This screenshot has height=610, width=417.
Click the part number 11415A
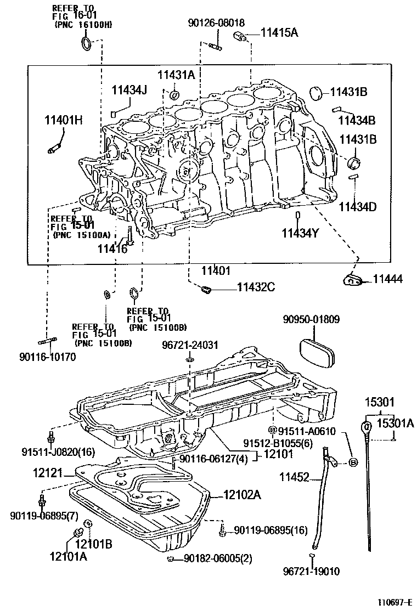[x=279, y=33]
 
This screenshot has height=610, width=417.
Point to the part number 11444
[x=387, y=279]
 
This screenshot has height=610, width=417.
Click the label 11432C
[x=256, y=286]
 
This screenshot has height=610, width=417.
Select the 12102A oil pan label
[x=242, y=495]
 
